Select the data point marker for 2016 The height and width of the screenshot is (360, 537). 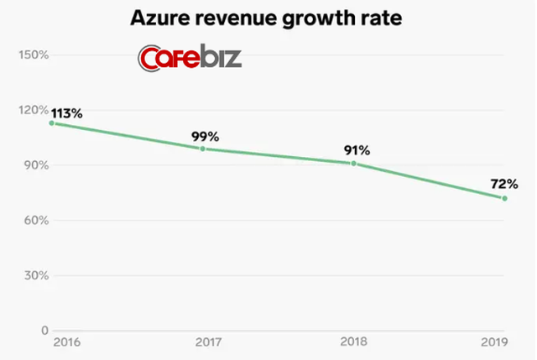[x=52, y=123]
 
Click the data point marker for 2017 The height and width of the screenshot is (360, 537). [x=202, y=149]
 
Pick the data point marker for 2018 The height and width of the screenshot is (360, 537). [x=354, y=163]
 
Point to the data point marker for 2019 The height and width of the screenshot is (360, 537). [x=504, y=198]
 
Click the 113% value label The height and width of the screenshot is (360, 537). [x=66, y=112]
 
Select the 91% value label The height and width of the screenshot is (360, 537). [x=356, y=150]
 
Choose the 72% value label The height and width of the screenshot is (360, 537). [x=505, y=184]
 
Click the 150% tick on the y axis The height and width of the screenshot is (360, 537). [x=32, y=55]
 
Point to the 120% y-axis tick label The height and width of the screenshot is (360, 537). [x=32, y=110]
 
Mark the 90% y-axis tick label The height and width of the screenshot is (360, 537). [x=34, y=165]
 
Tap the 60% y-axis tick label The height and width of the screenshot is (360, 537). [x=34, y=221]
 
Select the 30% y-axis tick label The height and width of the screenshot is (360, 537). [x=34, y=276]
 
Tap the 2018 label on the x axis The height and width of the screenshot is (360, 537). [x=354, y=344]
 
